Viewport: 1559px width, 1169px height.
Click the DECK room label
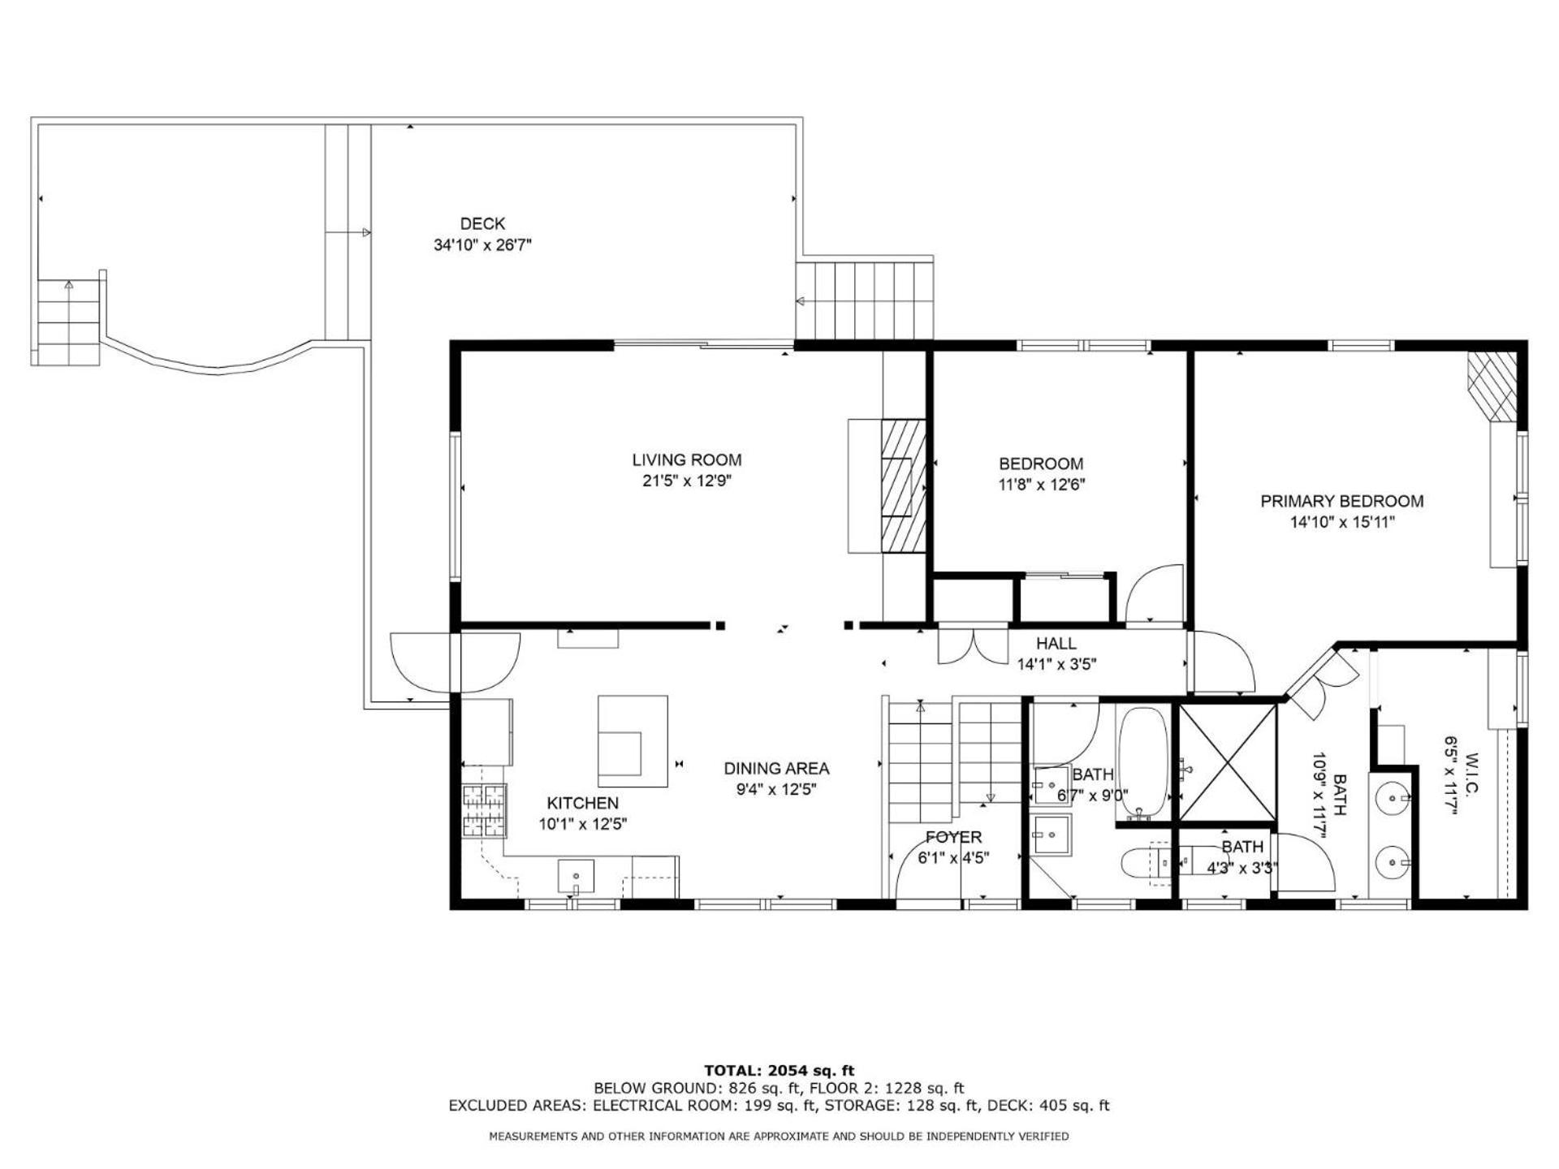coord(482,224)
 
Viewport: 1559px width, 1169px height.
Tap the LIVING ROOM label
coord(687,460)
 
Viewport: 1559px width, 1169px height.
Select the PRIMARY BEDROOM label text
coord(1342,502)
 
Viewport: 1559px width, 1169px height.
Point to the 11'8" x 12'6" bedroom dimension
coord(1041,485)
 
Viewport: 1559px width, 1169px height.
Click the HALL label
coord(1056,644)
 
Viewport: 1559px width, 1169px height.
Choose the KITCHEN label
coord(582,804)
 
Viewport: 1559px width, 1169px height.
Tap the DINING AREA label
coord(776,769)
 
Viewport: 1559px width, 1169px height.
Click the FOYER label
coord(954,837)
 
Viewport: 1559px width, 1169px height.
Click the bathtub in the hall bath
coord(1143,765)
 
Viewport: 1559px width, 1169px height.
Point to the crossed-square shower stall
coord(1227,763)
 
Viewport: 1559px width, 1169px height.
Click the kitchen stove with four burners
coord(485,811)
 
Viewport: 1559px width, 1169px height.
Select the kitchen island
coord(633,741)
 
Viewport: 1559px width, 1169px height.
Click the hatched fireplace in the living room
coord(904,486)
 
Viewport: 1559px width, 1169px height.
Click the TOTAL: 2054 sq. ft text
coord(779,1071)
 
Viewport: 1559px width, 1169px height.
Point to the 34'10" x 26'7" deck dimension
coord(482,245)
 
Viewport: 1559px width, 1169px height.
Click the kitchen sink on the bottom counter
coord(576,878)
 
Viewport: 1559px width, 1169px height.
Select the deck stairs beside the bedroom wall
coord(864,300)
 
